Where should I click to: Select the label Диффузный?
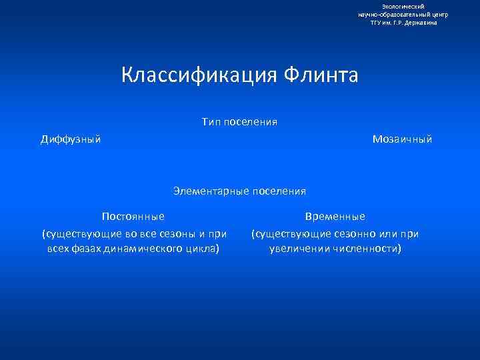tap(71, 139)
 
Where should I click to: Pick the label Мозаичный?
tap(403, 139)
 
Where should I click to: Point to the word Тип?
tap(211, 122)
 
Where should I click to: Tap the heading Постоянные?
tap(133, 217)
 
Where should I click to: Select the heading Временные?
tap(335, 217)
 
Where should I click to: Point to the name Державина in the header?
tap(421, 23)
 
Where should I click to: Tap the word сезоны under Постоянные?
tap(180, 233)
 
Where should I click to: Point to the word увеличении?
tap(298, 249)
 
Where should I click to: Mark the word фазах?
tap(86, 249)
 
